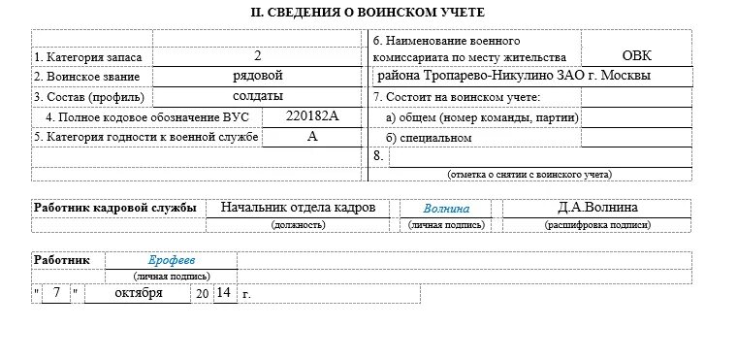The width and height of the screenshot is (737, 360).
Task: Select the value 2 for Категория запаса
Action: tap(257, 56)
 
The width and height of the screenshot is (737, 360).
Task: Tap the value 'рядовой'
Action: tap(257, 76)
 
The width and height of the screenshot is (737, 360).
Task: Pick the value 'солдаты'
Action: tap(257, 96)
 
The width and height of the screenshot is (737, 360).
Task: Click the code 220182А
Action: tap(313, 116)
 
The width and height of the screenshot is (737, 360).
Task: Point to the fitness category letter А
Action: tap(312, 137)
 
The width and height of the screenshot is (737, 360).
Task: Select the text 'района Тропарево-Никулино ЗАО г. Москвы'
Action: tap(513, 76)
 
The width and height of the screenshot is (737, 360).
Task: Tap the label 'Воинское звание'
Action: tap(87, 77)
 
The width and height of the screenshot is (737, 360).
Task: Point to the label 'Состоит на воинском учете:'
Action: tap(456, 97)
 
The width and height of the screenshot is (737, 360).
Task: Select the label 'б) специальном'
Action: tap(428, 138)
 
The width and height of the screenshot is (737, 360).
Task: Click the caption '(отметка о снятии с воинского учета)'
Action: tap(529, 175)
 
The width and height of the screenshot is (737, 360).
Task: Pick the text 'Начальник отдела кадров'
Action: tap(298, 208)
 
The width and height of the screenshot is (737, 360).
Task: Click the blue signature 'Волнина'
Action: tap(446, 209)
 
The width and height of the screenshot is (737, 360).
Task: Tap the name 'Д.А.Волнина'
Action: tap(597, 208)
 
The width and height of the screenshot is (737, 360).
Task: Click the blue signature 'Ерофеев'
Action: tap(172, 260)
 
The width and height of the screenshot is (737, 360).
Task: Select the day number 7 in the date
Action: tap(57, 292)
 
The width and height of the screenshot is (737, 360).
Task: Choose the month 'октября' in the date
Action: tap(138, 292)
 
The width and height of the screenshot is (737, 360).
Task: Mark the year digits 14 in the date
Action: tap(223, 292)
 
